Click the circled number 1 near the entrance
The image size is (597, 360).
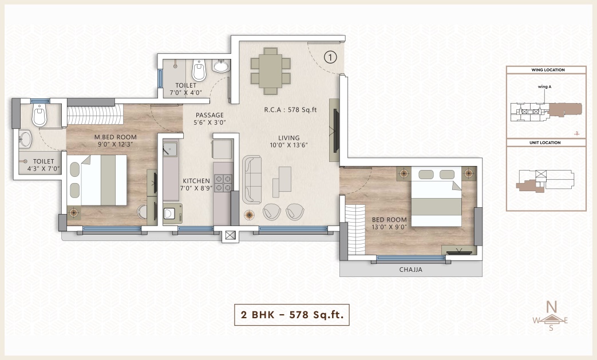330,57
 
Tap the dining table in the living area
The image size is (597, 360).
271,71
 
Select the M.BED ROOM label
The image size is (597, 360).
116,137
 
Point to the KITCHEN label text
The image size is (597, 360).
196,181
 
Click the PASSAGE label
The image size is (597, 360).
209,115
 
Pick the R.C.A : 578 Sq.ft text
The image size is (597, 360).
291,109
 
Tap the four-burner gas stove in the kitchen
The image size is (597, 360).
223,183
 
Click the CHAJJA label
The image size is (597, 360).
411,270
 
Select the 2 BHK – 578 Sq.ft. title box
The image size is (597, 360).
292,315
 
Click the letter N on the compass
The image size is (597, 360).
551,306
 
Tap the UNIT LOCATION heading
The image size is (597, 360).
545,143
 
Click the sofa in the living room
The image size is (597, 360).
252,179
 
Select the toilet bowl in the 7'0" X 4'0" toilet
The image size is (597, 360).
199,70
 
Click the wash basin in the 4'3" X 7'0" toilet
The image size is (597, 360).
25,139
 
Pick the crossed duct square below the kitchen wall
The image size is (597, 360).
230,235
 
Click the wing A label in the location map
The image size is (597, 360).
544,87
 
